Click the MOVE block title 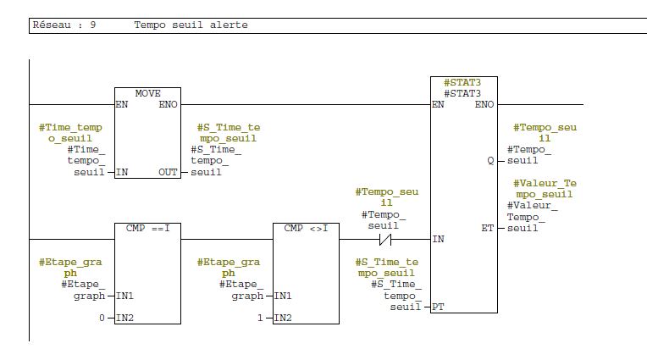click(x=147, y=93)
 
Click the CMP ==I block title click(x=147, y=228)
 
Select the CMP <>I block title click(x=305, y=228)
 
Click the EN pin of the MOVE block click(x=122, y=104)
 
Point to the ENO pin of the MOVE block click(x=169, y=104)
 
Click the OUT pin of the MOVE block click(x=169, y=172)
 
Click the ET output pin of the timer click(x=489, y=228)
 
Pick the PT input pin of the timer click(x=438, y=307)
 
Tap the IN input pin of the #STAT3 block click(x=438, y=240)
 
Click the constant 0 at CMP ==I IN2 click(x=101, y=318)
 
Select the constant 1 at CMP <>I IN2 click(x=259, y=318)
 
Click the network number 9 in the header click(x=92, y=25)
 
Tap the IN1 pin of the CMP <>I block click(x=285, y=296)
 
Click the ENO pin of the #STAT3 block click(x=484, y=104)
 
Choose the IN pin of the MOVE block click(x=122, y=172)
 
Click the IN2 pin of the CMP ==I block click(x=125, y=318)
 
